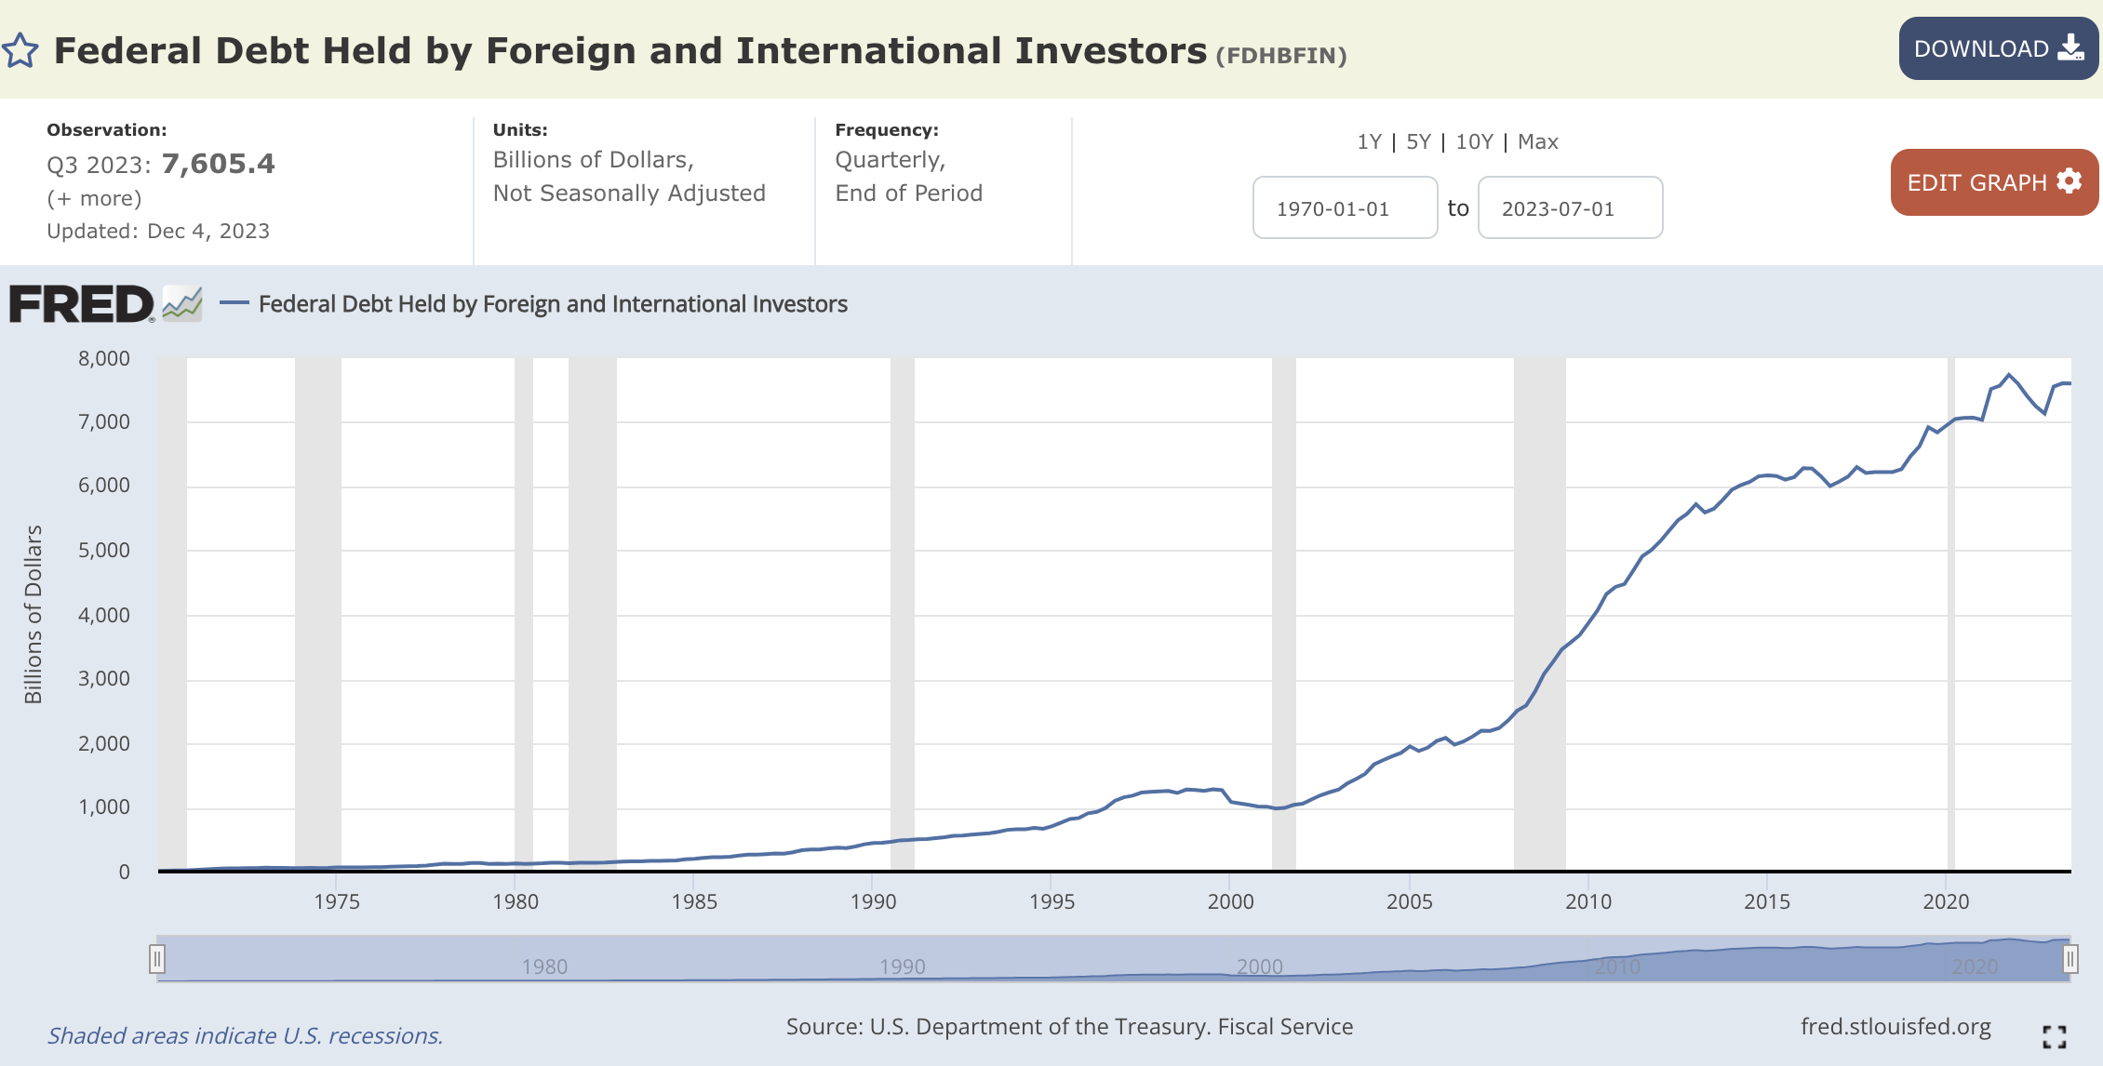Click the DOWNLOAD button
[x=1998, y=48]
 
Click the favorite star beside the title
[x=20, y=51]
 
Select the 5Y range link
[x=1418, y=141]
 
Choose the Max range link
[x=1537, y=141]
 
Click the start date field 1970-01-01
[x=1345, y=208]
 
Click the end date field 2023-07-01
[x=1570, y=208]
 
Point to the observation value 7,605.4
[x=219, y=164]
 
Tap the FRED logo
[x=82, y=304]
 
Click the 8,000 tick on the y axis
[x=104, y=358]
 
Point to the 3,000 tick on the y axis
[x=104, y=678]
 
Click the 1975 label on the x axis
[x=337, y=901]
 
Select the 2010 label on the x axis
[x=1588, y=901]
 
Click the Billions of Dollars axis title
[x=33, y=614]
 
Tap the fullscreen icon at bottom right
[x=2055, y=1036]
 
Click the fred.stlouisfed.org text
[x=1895, y=1027]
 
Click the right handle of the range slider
[x=2070, y=958]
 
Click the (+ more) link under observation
[x=94, y=198]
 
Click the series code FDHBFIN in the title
[x=1281, y=55]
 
